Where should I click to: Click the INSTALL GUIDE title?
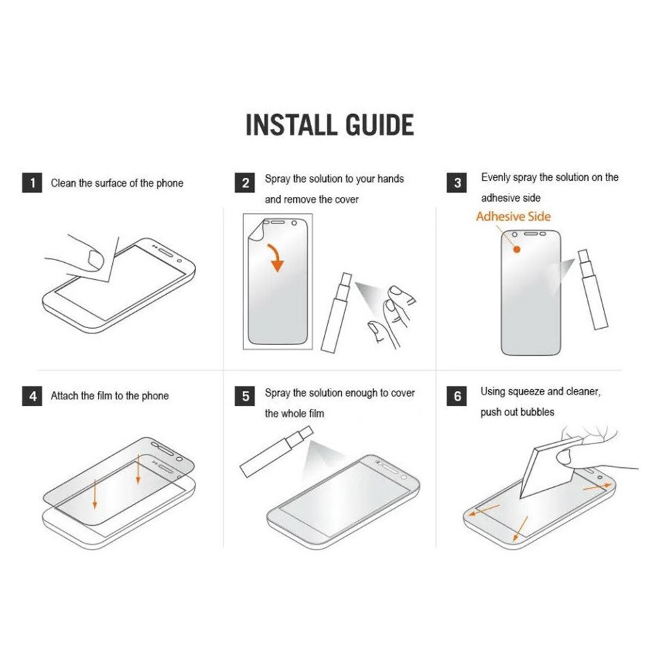click(329, 126)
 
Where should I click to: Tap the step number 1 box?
click(31, 183)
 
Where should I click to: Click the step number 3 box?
click(458, 183)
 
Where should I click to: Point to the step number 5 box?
click(246, 396)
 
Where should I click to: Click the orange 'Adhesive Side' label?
click(513, 217)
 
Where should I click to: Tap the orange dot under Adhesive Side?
click(516, 249)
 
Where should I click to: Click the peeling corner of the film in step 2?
click(255, 231)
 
